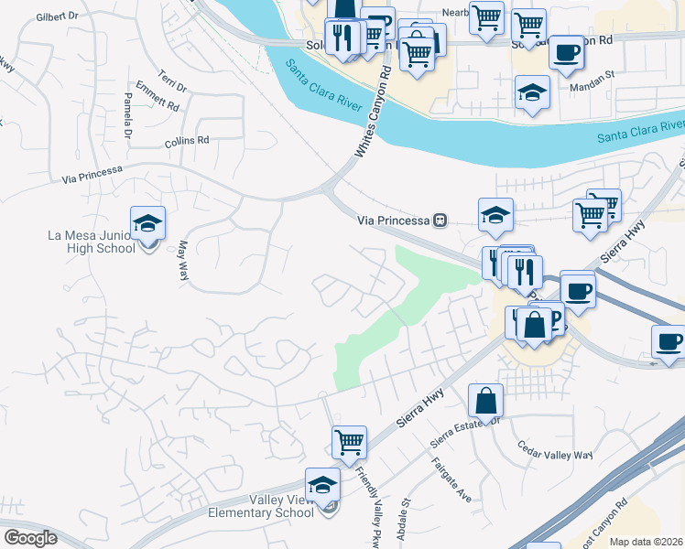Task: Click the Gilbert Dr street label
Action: pos(63,17)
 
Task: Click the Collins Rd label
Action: pos(188,142)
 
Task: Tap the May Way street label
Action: pos(182,261)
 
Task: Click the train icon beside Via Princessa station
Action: pos(440,220)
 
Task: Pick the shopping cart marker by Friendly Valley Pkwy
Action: pos(349,442)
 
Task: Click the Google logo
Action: pos(31,538)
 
